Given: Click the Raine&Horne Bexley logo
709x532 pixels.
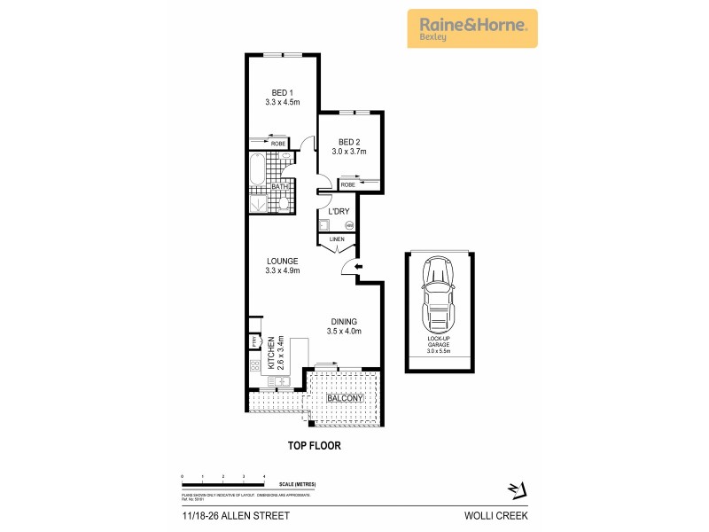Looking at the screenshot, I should point(471,27).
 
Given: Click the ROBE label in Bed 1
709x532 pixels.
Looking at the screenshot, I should point(278,143).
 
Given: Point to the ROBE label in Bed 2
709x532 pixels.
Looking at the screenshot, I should point(347,184).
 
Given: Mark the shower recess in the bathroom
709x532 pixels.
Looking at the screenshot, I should point(258,203).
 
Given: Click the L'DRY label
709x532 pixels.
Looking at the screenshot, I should point(338,211).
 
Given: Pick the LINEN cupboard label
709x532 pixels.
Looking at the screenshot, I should point(337,239).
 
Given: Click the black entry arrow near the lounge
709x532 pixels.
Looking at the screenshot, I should point(357,267).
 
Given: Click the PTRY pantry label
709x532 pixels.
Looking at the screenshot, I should point(253,341).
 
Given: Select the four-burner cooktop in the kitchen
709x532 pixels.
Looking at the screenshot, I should point(254,365).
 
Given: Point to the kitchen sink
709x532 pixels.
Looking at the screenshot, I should point(278,382).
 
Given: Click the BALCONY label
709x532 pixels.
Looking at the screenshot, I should point(343,399).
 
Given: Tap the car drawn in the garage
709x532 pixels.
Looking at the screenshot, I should point(438,293).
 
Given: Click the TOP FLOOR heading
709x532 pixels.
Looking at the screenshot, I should point(315,446).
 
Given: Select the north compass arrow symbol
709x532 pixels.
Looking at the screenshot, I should point(517,489).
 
